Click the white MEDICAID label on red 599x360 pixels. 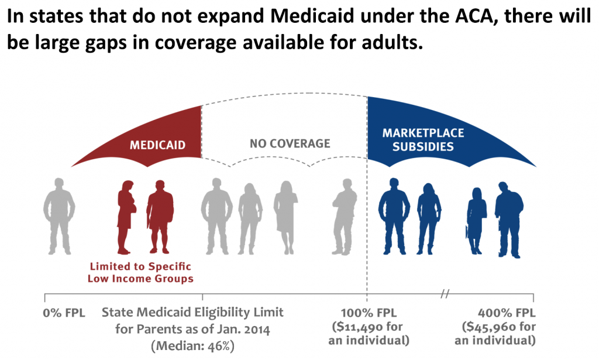(x=157, y=145)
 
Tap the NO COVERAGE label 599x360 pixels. (x=290, y=143)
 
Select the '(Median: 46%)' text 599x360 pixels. (x=192, y=345)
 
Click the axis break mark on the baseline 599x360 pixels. (x=446, y=293)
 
